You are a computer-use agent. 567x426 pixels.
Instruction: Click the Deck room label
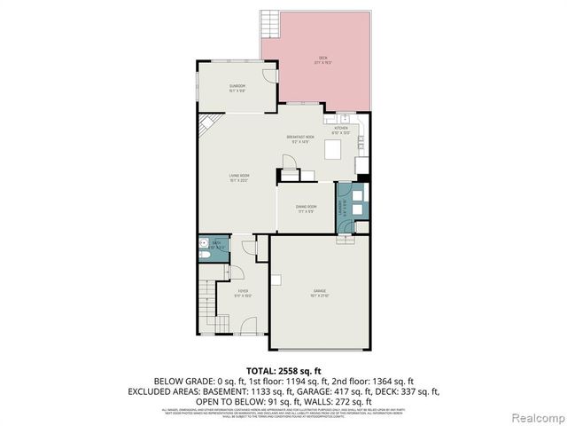(322, 60)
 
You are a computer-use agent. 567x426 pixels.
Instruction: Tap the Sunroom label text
(237, 87)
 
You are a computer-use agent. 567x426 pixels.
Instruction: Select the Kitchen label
(341, 130)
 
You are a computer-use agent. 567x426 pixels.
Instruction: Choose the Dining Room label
(307, 209)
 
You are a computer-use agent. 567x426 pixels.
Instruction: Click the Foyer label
(243, 293)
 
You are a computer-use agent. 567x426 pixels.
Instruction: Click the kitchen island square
(334, 149)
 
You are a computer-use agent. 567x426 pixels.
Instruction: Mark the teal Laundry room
(351, 206)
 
